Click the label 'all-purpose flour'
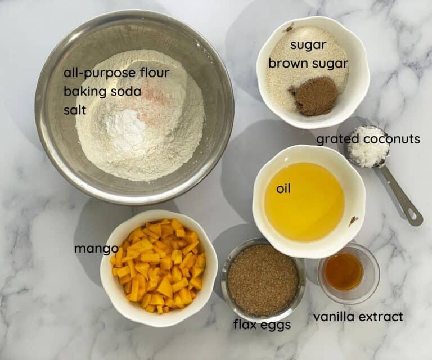click(x=116, y=74)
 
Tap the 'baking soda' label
click(x=102, y=91)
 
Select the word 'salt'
click(x=75, y=110)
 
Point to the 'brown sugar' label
click(x=308, y=64)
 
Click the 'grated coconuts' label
click(x=368, y=139)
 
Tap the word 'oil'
click(x=283, y=189)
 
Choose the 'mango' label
click(x=96, y=249)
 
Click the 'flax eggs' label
click(x=262, y=325)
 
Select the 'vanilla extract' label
click(x=358, y=317)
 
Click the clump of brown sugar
click(x=314, y=95)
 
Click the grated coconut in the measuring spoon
click(x=368, y=147)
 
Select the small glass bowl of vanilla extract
click(x=348, y=273)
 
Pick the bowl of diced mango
click(x=159, y=267)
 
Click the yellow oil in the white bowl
click(x=304, y=201)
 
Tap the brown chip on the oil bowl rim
click(x=353, y=220)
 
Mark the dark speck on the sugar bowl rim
click(x=289, y=27)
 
